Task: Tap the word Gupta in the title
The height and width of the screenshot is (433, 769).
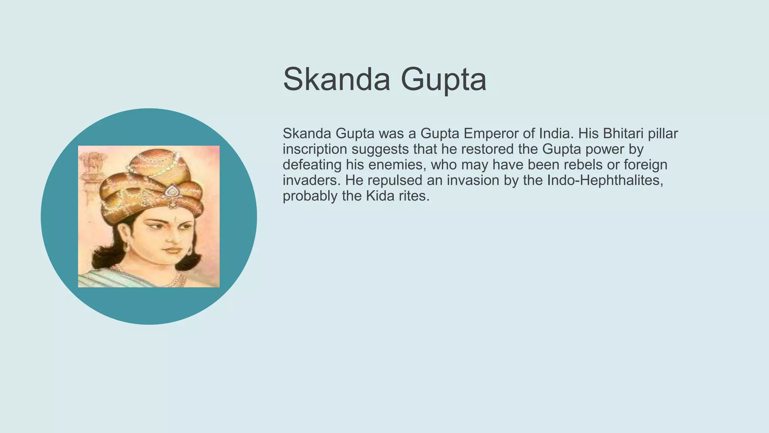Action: click(x=443, y=80)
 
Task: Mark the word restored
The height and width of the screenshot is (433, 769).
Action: click(x=487, y=149)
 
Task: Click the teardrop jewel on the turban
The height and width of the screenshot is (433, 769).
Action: click(x=172, y=191)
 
